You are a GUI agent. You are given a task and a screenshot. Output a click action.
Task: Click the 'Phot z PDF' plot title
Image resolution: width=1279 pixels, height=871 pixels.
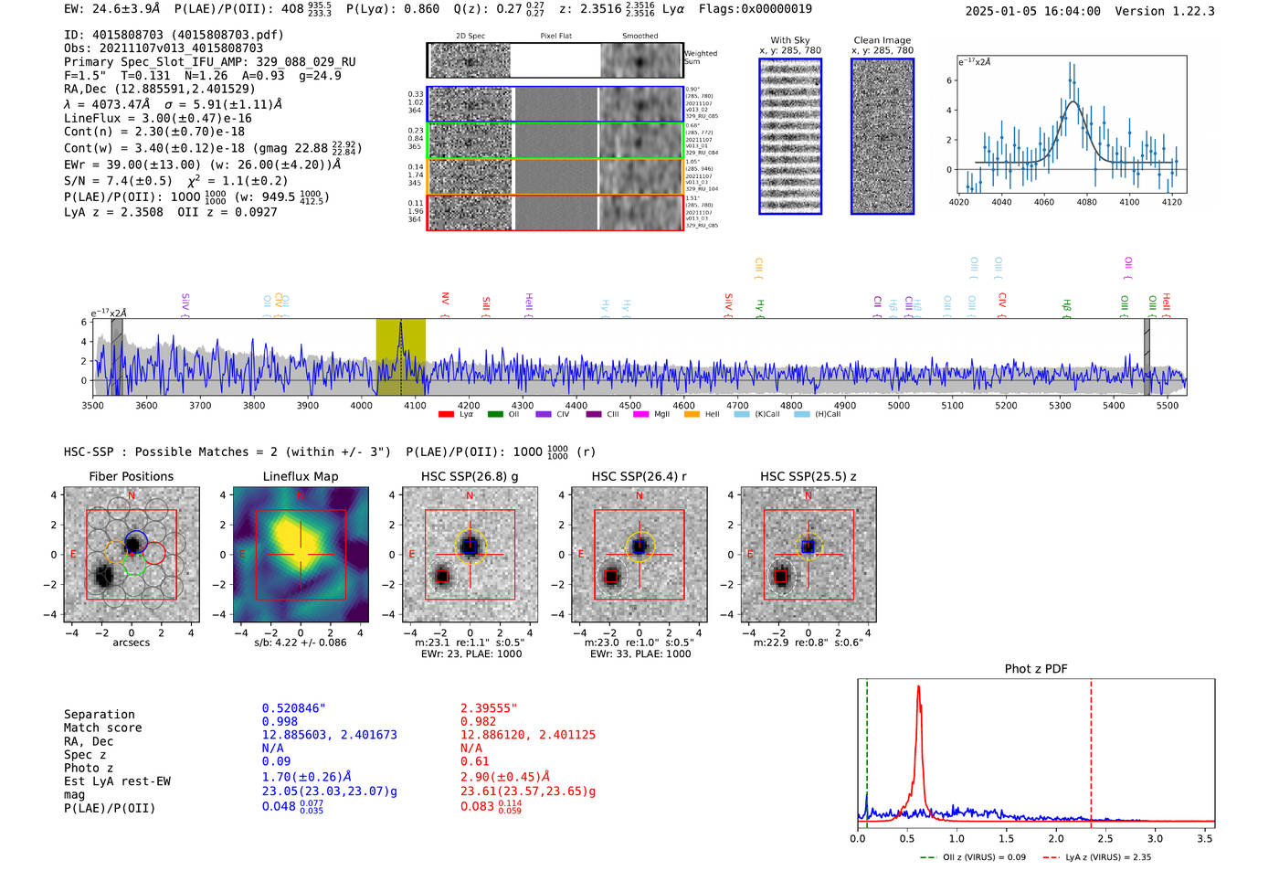click(1036, 669)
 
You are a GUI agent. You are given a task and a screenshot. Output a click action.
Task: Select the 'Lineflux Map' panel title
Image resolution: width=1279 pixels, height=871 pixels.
click(300, 476)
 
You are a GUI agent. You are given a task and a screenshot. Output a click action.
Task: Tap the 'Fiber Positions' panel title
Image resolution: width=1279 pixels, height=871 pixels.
click(131, 476)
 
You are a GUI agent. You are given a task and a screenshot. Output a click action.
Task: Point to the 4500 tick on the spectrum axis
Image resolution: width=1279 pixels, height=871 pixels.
click(629, 405)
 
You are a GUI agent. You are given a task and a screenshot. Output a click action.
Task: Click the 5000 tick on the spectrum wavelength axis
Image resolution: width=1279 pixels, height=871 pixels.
click(899, 405)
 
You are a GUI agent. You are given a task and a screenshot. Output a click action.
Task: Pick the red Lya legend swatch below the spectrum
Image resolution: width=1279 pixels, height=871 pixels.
click(446, 415)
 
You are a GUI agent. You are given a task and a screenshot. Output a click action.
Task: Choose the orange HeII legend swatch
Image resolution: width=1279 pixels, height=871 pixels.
click(692, 415)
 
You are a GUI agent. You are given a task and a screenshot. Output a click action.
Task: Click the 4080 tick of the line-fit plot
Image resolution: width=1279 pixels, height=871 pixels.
click(1086, 202)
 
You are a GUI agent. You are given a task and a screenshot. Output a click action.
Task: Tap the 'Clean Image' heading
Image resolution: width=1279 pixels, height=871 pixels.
click(882, 40)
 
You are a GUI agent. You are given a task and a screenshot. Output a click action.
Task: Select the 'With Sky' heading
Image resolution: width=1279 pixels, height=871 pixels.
click(789, 40)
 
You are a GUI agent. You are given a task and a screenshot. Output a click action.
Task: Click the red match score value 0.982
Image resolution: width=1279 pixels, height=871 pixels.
click(478, 722)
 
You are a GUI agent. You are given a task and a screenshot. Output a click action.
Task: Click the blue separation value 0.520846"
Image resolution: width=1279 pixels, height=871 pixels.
click(293, 708)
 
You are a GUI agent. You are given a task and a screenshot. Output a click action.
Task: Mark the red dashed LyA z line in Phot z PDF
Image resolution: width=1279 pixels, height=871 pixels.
click(1091, 749)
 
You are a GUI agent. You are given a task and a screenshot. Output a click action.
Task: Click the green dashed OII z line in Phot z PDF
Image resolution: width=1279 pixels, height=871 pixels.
click(867, 749)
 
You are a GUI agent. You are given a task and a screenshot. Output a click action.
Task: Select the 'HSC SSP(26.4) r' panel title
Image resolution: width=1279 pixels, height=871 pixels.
click(639, 476)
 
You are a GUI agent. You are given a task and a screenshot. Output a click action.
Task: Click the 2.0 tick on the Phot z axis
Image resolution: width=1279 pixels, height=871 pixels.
click(1056, 838)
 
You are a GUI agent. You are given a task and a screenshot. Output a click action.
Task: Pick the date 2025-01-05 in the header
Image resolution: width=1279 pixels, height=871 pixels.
click(1000, 11)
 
